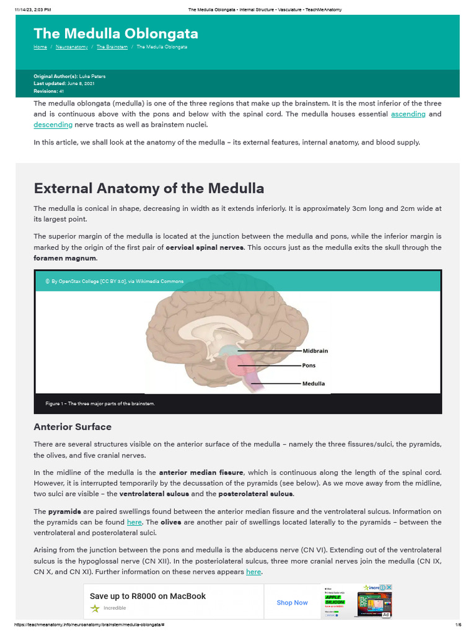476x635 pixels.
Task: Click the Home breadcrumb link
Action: click(x=40, y=47)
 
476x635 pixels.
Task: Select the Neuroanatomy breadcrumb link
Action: click(x=71, y=47)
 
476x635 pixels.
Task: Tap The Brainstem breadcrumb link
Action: click(x=112, y=47)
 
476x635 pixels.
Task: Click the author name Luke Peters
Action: click(x=92, y=76)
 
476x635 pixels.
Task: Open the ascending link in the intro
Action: click(x=408, y=114)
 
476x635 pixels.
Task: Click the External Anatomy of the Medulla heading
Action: click(x=149, y=189)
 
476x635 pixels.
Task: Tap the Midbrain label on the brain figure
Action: click(x=315, y=351)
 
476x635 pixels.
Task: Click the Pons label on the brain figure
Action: click(x=309, y=366)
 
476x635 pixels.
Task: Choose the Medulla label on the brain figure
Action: click(x=313, y=383)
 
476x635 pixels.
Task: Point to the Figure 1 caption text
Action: click(x=100, y=404)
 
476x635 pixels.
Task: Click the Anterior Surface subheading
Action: click(x=73, y=427)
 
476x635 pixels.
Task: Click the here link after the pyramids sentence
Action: click(x=134, y=522)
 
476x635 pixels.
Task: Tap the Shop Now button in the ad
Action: click(x=292, y=602)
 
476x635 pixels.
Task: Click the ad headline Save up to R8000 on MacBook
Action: click(x=148, y=596)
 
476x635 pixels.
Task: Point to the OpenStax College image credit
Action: click(x=117, y=281)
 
